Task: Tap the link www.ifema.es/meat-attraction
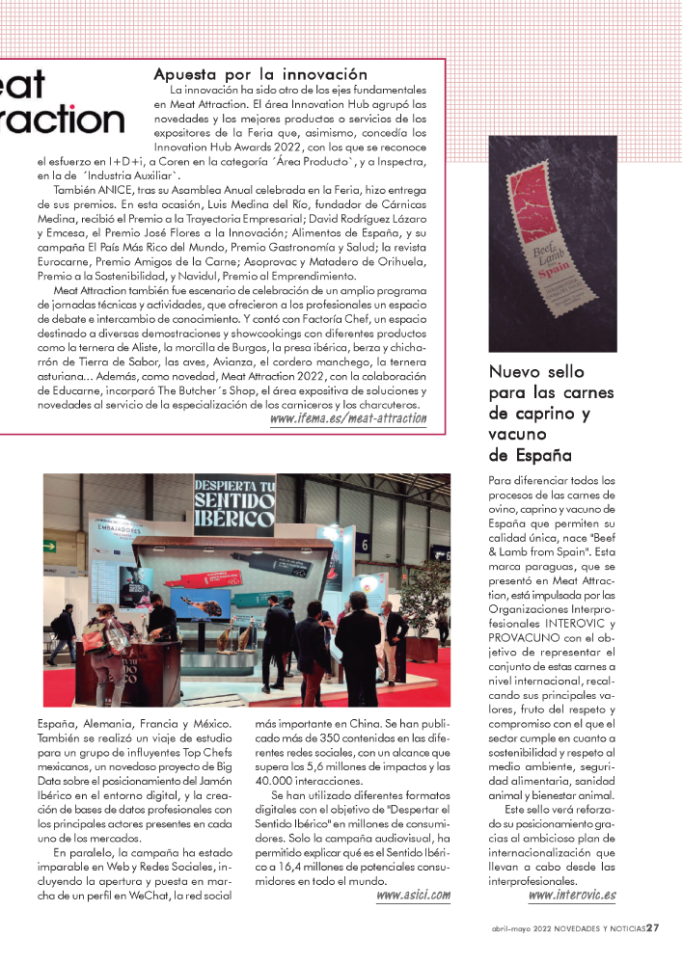point(348,418)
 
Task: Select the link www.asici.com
point(413,896)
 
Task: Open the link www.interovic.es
point(572,896)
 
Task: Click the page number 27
point(653,929)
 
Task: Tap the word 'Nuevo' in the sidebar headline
point(517,371)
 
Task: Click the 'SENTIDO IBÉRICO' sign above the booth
point(233,499)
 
